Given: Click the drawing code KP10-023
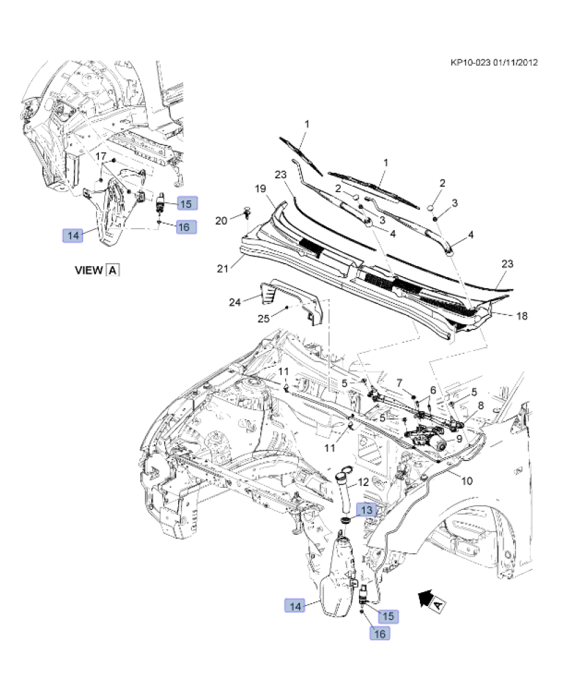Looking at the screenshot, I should point(471,62).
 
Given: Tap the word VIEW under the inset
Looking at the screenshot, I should point(88,270).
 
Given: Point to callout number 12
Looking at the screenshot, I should point(363,482).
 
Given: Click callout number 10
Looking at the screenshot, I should point(467,481).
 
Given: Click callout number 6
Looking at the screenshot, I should point(433,390).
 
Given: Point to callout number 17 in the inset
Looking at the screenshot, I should point(100,155).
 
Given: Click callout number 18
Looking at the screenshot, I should point(522,315).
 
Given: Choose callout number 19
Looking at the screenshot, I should point(260,189).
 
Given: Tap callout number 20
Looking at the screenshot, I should point(221,220).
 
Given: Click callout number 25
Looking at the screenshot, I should point(263,319).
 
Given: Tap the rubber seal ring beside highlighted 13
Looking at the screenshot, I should point(344,520).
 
